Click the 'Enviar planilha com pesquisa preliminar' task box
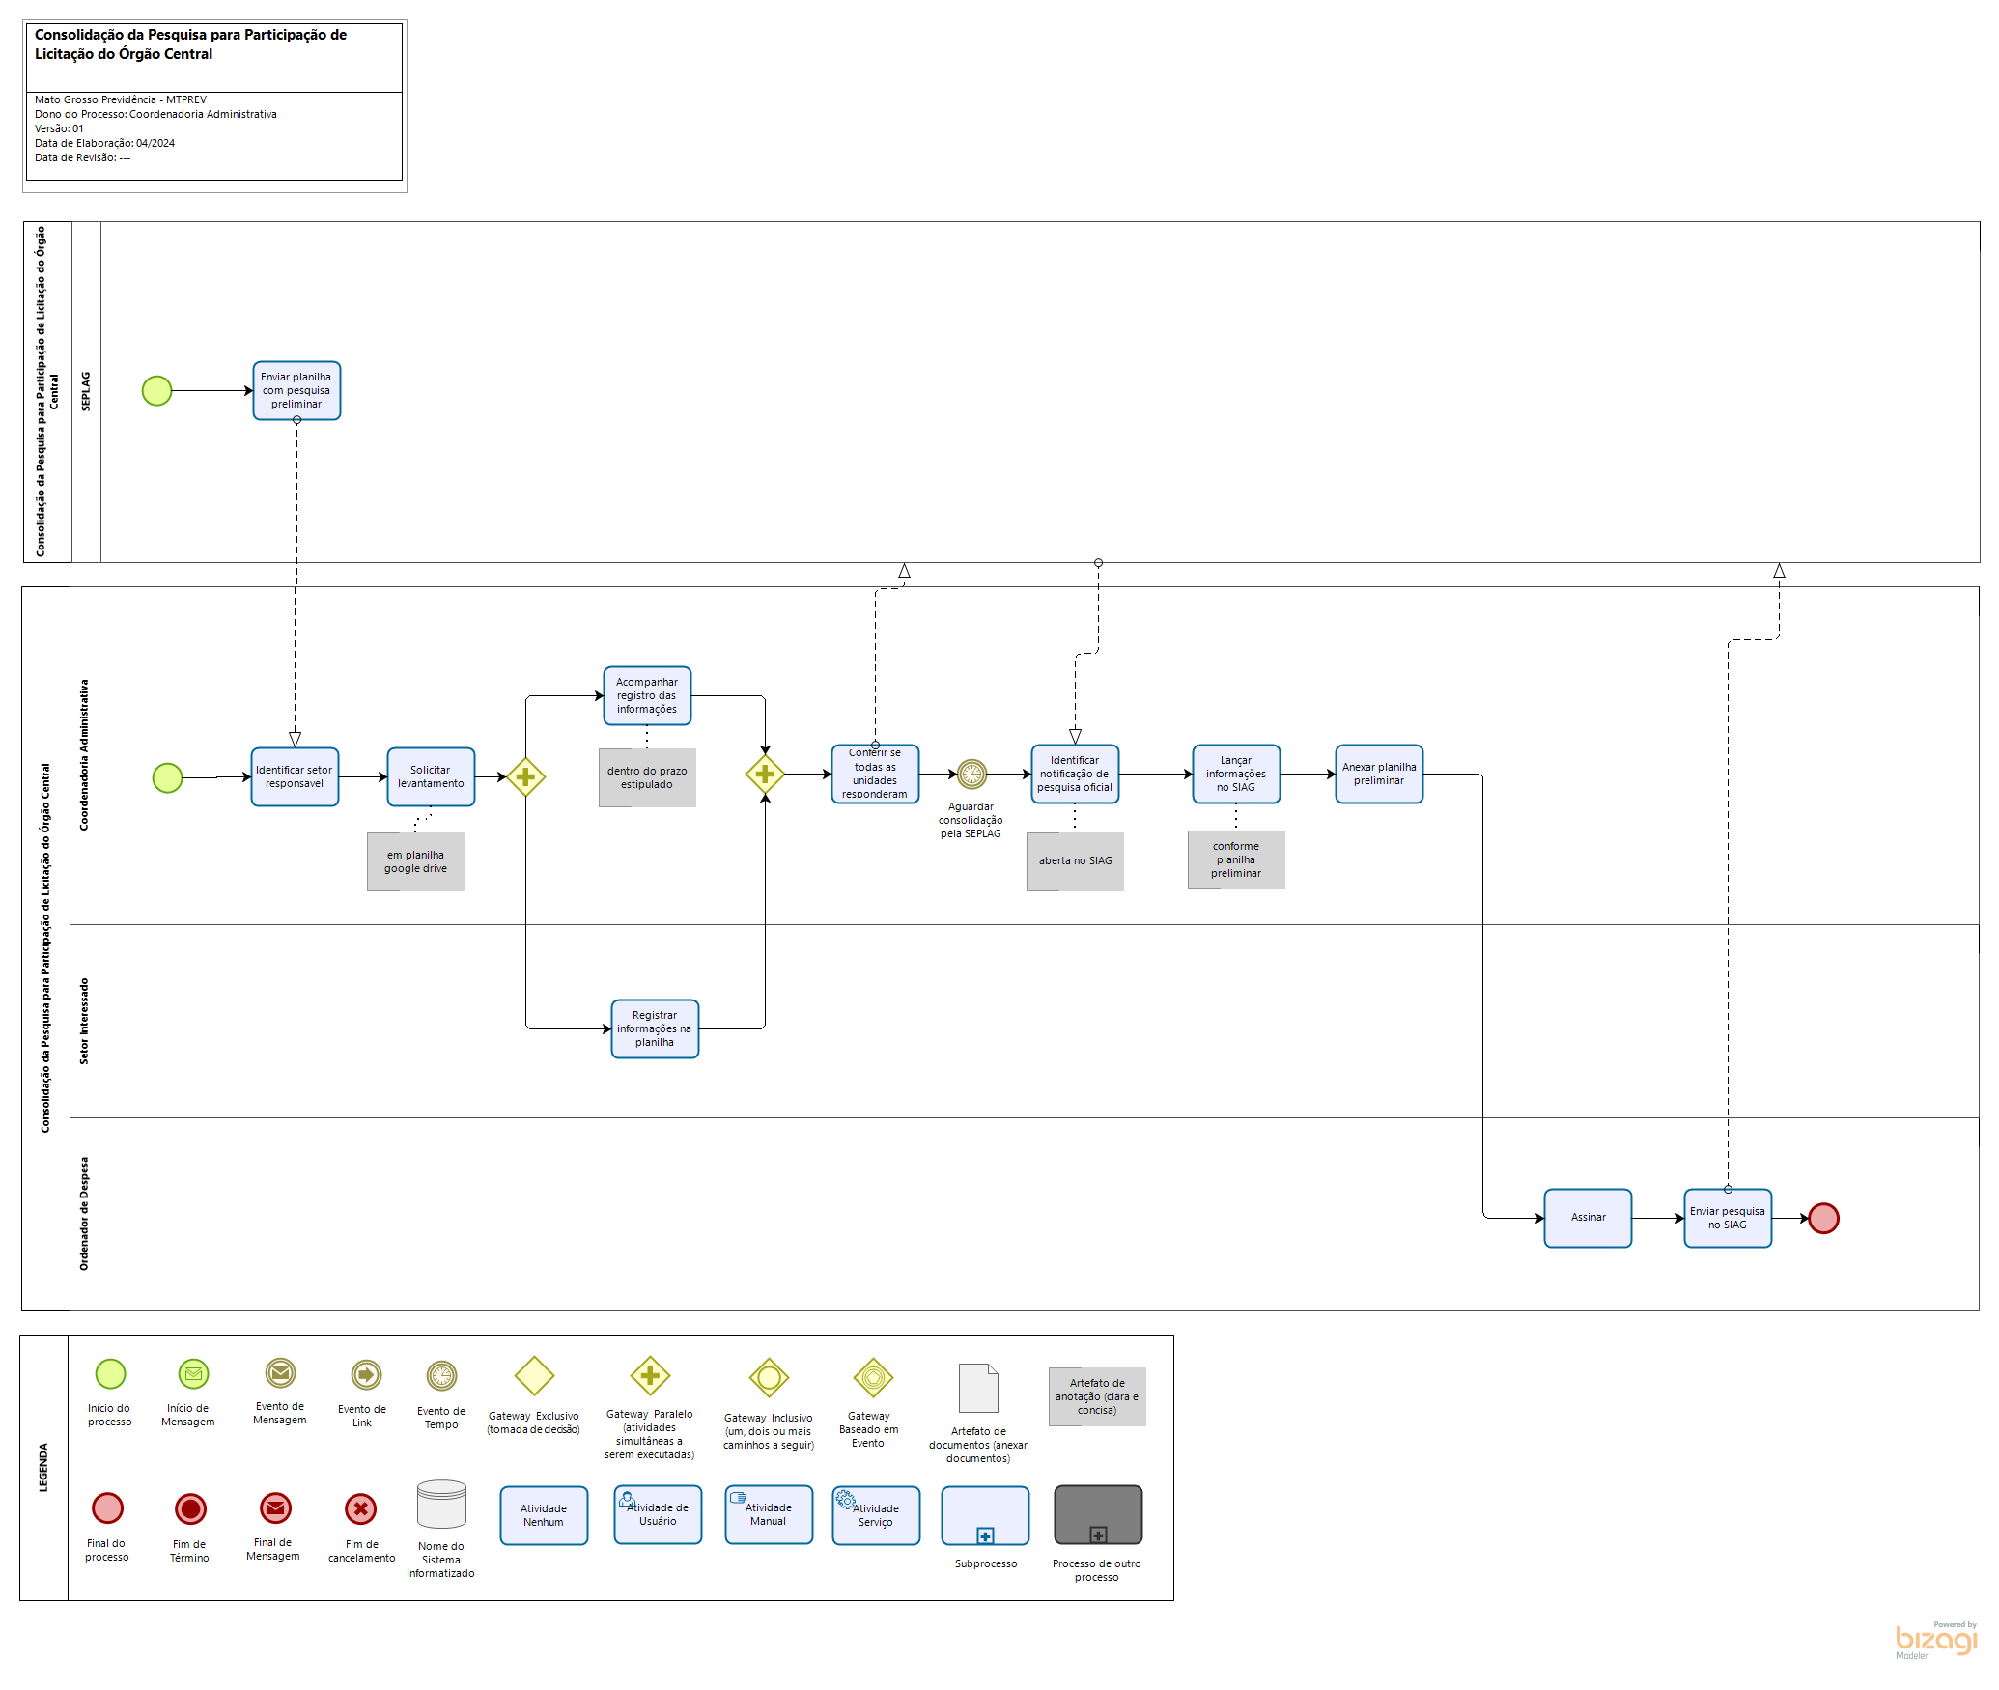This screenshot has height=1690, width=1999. pos(296,390)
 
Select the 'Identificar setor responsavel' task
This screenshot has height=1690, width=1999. pos(295,776)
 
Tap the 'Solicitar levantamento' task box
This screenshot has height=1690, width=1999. pos(431,776)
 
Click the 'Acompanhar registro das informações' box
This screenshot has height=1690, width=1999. pos(647,695)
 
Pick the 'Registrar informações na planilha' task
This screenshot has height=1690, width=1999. pos(655,1028)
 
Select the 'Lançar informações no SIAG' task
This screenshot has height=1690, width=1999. pos(1236,774)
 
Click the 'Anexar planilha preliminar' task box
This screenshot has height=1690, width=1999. pos(1379,774)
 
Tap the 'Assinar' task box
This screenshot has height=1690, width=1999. pos(1588,1218)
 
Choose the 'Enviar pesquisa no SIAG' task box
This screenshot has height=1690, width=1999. pos(1728,1218)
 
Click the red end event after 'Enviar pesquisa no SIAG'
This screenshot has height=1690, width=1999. pos(1823,1218)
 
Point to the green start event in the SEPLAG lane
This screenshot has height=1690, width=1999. pos(156,390)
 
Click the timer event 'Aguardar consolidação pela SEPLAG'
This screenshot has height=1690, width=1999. pos(971,774)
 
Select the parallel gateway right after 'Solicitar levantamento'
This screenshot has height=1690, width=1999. pos(525,776)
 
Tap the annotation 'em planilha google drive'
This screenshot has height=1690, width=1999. pos(415,861)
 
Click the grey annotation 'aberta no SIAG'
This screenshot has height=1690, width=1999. pos(1075,861)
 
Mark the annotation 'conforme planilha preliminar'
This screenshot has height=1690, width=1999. pos(1236,859)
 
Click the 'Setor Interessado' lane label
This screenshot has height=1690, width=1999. pos(84,1021)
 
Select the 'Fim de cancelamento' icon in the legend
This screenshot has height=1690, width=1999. pos(360,1508)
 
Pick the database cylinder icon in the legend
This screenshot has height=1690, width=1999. pos(441,1505)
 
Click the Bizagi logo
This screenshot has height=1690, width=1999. pos(1935,1641)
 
